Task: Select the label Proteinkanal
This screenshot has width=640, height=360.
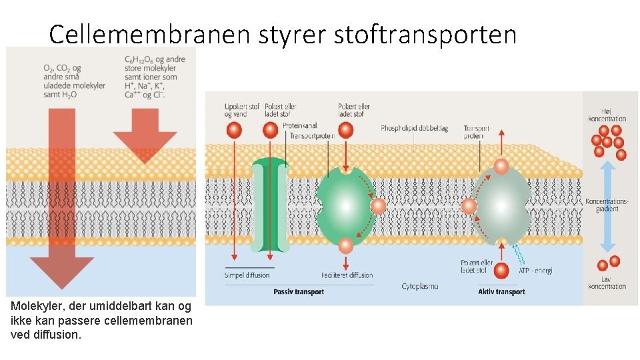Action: click(299, 125)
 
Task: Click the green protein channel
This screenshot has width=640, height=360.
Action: click(271, 204)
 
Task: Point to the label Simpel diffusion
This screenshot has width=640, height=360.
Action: click(247, 275)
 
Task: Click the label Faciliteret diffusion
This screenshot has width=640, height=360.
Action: click(347, 275)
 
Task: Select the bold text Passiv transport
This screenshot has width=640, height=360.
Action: click(298, 291)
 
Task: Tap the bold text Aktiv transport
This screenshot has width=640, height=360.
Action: click(501, 291)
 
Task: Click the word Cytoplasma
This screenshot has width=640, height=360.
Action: click(420, 286)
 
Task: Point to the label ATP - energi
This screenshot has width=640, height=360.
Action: click(535, 270)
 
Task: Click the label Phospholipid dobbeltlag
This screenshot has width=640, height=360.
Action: click(414, 128)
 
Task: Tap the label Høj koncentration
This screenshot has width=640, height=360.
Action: click(606, 115)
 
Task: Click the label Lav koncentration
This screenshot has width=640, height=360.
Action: click(607, 282)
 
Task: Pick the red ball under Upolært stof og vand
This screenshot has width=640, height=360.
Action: click(234, 130)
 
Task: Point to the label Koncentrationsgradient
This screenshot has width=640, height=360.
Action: click(606, 204)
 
